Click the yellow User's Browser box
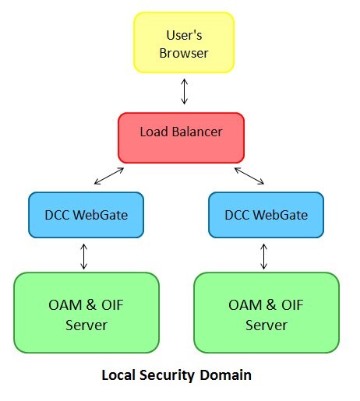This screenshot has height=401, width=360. pyautogui.click(x=184, y=44)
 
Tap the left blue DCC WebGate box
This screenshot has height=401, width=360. pyautogui.click(x=86, y=214)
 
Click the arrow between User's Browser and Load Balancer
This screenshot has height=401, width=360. pyautogui.click(x=185, y=91)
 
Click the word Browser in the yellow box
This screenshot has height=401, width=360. pyautogui.click(x=184, y=55)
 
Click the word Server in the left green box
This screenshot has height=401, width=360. pyautogui.click(x=86, y=324)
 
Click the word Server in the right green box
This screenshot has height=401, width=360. pyautogui.click(x=266, y=324)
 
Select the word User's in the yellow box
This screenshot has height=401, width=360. pyautogui.click(x=184, y=35)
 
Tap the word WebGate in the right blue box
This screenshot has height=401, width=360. pyautogui.click(x=282, y=215)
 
